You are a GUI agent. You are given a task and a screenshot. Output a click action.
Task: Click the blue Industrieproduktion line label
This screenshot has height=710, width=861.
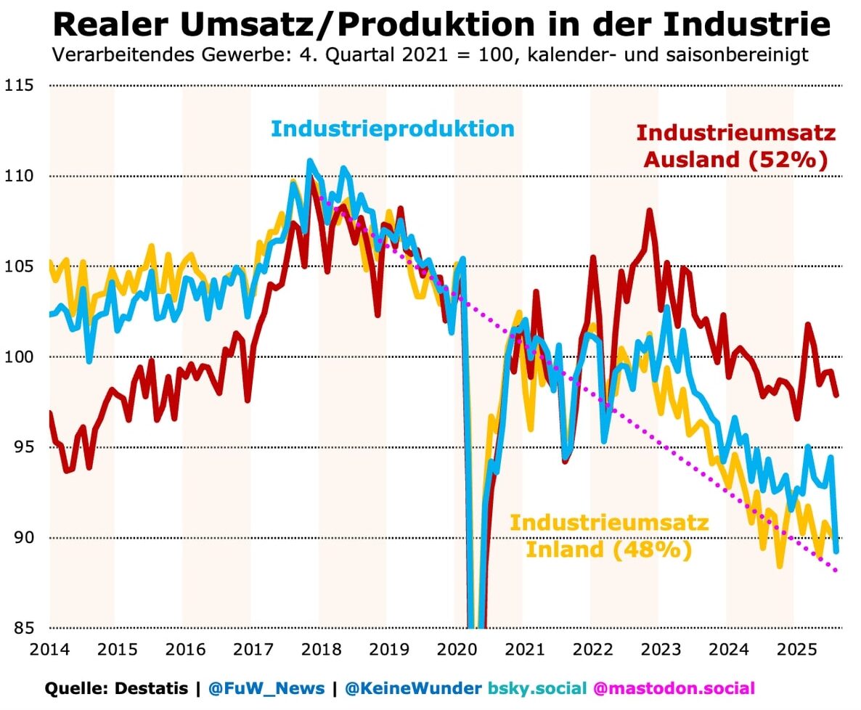tap(393, 129)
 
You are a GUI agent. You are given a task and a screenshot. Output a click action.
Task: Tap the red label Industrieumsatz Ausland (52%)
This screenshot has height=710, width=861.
tap(735, 147)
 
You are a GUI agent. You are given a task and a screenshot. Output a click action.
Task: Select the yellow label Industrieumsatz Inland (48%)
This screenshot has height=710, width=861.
tap(608, 536)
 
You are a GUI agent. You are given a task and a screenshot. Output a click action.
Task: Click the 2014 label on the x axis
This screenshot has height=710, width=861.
tap(49, 649)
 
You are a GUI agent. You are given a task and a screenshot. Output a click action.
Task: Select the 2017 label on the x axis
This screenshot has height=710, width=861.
tap(252, 649)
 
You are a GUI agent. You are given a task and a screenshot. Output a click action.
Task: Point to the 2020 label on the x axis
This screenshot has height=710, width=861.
tap(455, 649)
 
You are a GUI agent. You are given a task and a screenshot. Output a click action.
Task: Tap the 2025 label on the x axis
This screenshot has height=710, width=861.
tap(793, 649)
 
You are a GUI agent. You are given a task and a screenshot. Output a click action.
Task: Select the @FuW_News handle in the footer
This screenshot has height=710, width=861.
tap(266, 688)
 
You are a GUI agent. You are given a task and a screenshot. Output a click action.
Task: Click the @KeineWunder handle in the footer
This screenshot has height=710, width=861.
tap(412, 688)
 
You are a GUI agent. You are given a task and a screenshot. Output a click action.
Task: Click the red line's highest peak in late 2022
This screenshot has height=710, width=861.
tap(649, 211)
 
